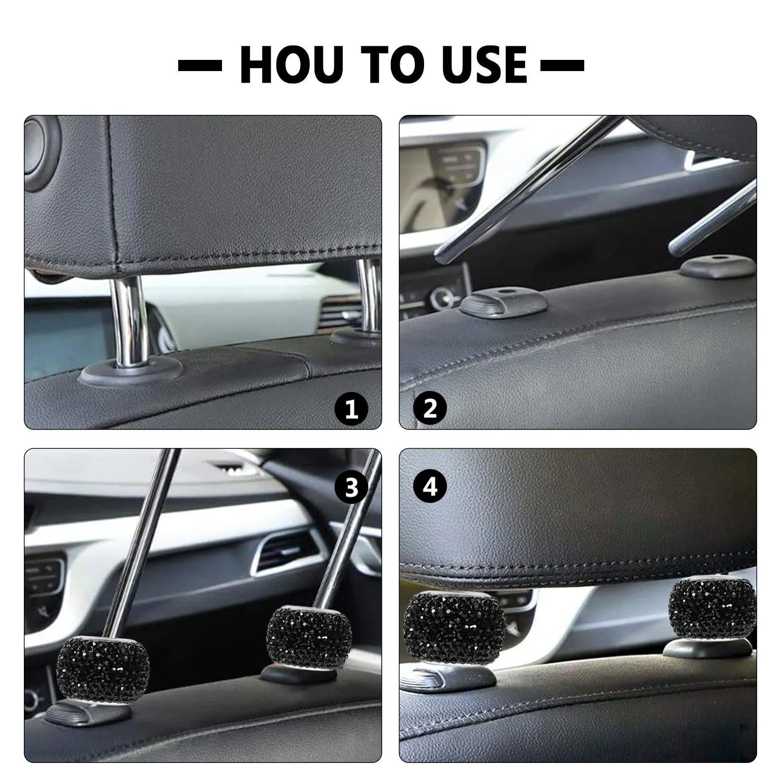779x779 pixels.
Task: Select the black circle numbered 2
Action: pos(430,409)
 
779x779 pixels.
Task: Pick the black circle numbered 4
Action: pos(430,486)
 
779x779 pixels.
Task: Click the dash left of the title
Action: pos(200,65)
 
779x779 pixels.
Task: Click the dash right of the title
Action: pos(562,65)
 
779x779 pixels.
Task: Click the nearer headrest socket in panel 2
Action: pos(504,302)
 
